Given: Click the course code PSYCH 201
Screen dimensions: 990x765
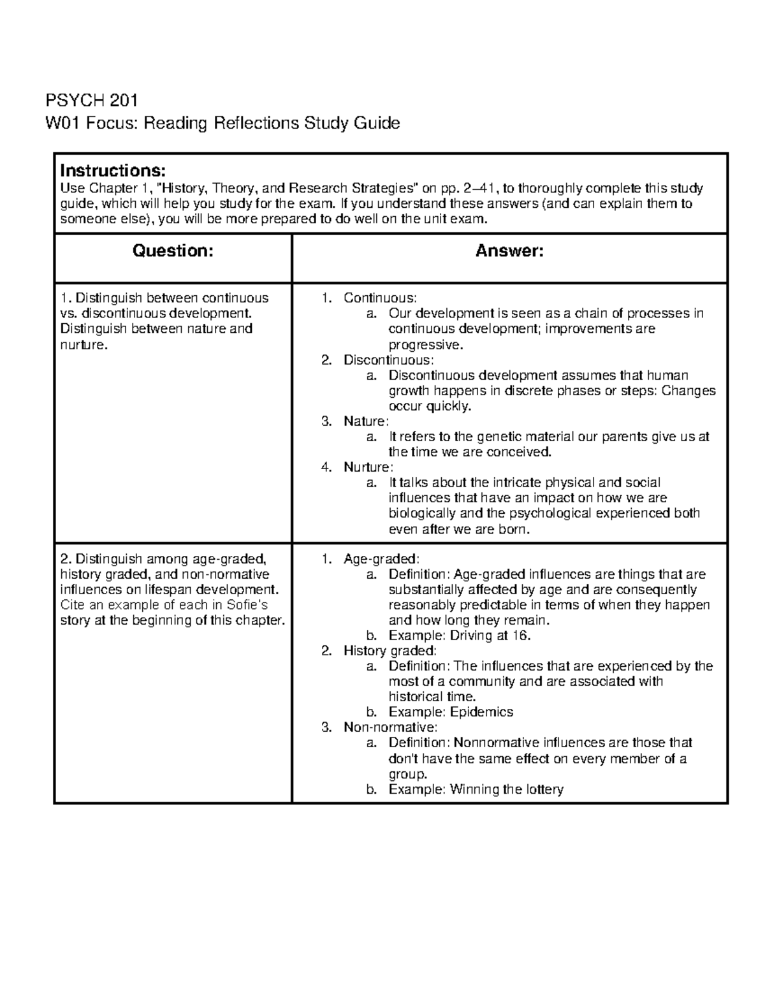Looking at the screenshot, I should pyautogui.click(x=91, y=101).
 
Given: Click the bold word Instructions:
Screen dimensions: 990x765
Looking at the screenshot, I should pyautogui.click(x=113, y=171).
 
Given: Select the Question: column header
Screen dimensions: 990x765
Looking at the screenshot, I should pyautogui.click(x=172, y=251).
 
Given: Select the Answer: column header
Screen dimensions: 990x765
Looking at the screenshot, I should pyautogui.click(x=509, y=251).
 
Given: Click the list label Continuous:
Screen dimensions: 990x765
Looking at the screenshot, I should pyautogui.click(x=380, y=298).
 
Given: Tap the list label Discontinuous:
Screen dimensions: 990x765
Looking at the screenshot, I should pyautogui.click(x=388, y=360).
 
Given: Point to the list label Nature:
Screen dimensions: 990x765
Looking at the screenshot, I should pyautogui.click(x=366, y=421).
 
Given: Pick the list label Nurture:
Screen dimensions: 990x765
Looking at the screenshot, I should pyautogui.click(x=368, y=467).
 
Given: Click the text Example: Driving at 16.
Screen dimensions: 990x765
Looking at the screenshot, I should pyautogui.click(x=459, y=636).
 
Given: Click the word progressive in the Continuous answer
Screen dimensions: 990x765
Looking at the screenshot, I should pyautogui.click(x=423, y=345).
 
